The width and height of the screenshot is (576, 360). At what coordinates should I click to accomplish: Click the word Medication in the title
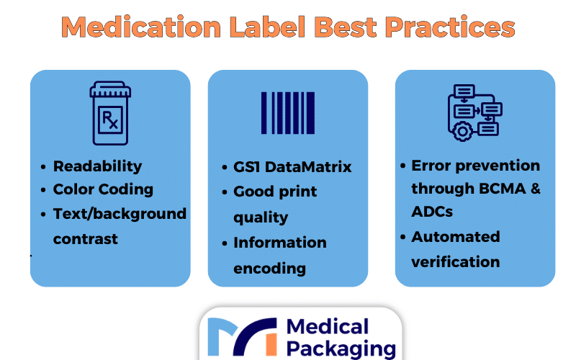pyautogui.click(x=141, y=27)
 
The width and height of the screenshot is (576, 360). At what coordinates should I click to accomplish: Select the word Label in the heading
pyautogui.click(x=267, y=27)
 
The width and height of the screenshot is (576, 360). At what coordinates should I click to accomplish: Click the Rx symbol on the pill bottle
pyautogui.click(x=110, y=120)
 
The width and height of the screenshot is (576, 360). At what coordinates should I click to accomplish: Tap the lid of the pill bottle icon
pyautogui.click(x=110, y=89)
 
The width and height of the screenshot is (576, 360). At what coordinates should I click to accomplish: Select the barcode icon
pyautogui.click(x=288, y=113)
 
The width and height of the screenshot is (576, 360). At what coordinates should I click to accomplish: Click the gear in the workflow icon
pyautogui.click(x=462, y=131)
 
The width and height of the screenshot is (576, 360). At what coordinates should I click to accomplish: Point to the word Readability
pyautogui.click(x=97, y=166)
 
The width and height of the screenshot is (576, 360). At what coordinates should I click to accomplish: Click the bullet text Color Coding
pyautogui.click(x=103, y=189)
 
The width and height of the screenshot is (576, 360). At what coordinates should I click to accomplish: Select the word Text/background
pyautogui.click(x=120, y=214)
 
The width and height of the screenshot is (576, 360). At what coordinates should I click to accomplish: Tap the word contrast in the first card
pyautogui.click(x=86, y=239)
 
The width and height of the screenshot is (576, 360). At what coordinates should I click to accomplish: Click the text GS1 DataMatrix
pyautogui.click(x=292, y=167)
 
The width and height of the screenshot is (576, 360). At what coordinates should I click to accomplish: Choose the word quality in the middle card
pyautogui.click(x=261, y=217)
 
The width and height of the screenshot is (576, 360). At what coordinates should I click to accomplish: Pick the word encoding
pyautogui.click(x=269, y=269)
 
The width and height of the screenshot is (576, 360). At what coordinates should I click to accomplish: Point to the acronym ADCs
pyautogui.click(x=432, y=212)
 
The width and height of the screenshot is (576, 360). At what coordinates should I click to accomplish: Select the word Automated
pyautogui.click(x=456, y=237)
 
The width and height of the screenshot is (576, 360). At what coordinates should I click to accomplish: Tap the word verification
pyautogui.click(x=456, y=262)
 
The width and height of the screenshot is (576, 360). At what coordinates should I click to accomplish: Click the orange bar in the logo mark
pyautogui.click(x=271, y=344)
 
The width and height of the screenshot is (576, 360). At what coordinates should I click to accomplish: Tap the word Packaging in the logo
pyautogui.click(x=341, y=349)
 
